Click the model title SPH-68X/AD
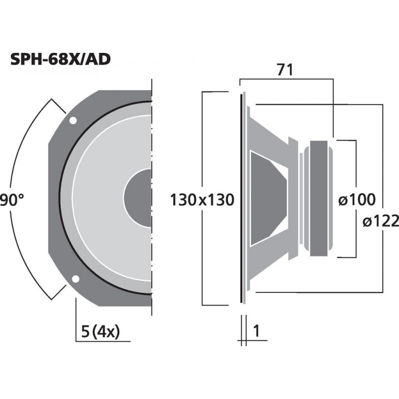(60, 59)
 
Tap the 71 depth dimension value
(285, 70)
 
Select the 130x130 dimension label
(202, 200)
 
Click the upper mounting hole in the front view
(73, 120)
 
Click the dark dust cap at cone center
(138, 199)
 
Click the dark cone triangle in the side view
(267, 199)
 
